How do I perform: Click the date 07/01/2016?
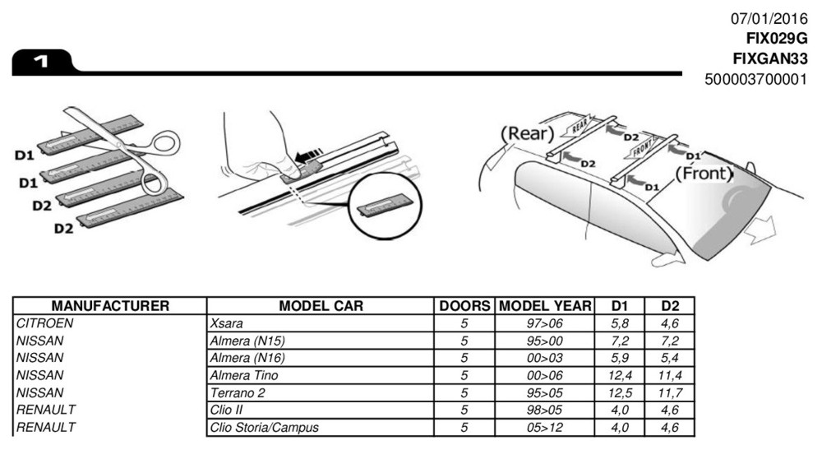click(769, 18)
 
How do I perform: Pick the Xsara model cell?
click(227, 323)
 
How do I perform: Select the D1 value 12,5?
click(618, 393)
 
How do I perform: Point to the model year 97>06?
click(544, 323)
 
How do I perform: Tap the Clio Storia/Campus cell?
click(265, 428)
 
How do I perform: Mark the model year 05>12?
click(544, 428)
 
